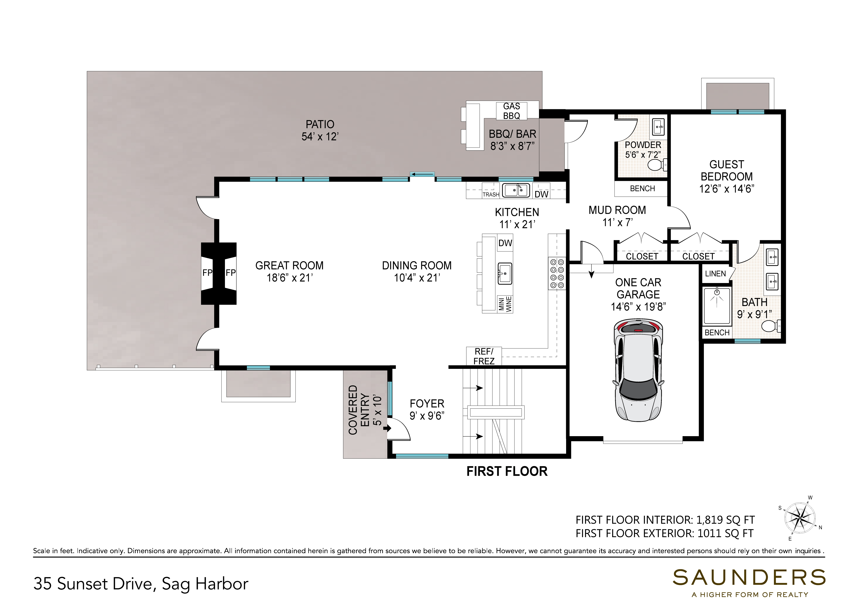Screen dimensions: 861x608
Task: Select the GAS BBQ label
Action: click(x=511, y=111)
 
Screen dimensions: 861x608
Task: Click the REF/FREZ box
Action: click(x=484, y=356)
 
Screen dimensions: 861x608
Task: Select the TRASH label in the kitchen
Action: click(x=491, y=194)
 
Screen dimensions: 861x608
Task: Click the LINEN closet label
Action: click(x=715, y=274)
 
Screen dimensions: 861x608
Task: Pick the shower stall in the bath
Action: click(x=717, y=306)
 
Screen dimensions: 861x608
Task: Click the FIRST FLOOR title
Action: click(x=507, y=471)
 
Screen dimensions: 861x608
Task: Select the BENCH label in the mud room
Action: click(x=642, y=188)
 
